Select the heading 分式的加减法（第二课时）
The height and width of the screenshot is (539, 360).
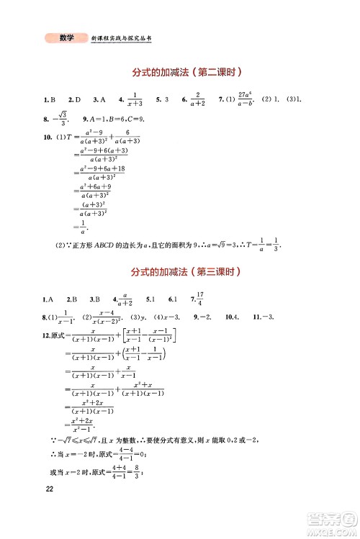pyautogui.click(x=185, y=73)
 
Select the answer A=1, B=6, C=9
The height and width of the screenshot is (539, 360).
pyautogui.click(x=114, y=119)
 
